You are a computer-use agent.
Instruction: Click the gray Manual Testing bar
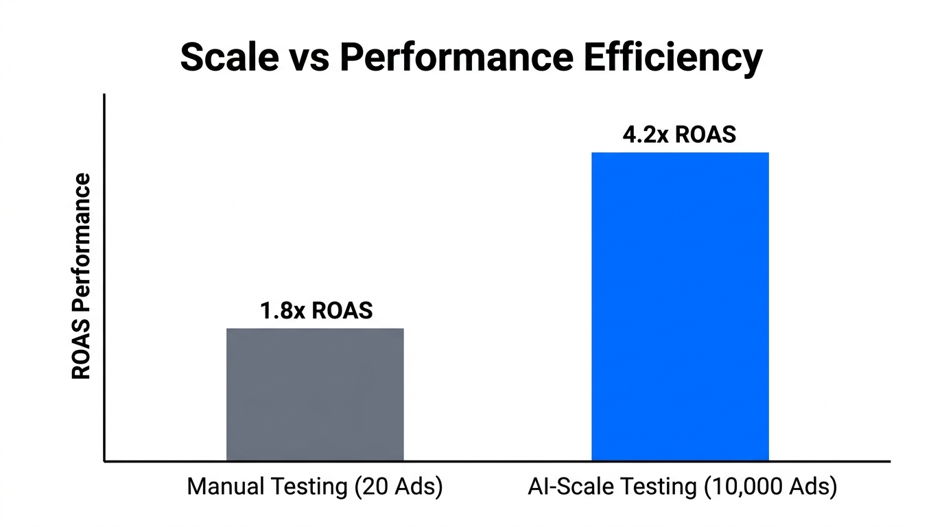click(315, 395)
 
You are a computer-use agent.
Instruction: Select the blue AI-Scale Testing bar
click(680, 306)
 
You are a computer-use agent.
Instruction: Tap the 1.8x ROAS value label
click(316, 311)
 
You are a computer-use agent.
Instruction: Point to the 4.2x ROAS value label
click(679, 134)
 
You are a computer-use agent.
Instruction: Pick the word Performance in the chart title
click(456, 58)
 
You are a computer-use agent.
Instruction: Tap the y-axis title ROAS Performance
click(82, 277)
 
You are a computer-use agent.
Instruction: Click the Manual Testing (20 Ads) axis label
click(315, 487)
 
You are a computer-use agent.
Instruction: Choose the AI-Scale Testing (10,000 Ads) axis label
click(683, 487)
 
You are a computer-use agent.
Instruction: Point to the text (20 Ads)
click(398, 487)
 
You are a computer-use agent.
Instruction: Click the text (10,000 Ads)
click(769, 487)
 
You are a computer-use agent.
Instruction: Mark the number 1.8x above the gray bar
click(282, 311)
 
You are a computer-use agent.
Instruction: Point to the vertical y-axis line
click(104, 274)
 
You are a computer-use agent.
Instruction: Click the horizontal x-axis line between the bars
click(497, 461)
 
